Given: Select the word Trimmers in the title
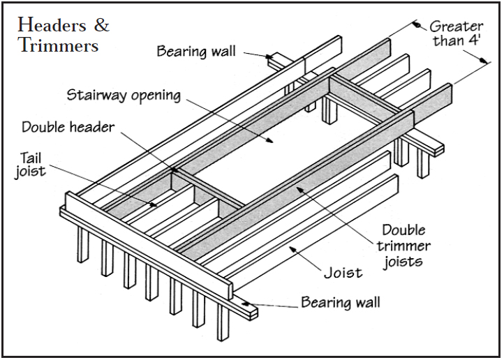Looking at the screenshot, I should pos(59,46).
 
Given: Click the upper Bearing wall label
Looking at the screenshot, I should pos(196,51).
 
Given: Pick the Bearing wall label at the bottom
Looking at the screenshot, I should pos(341,302).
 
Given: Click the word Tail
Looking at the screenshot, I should pos(29,157).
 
